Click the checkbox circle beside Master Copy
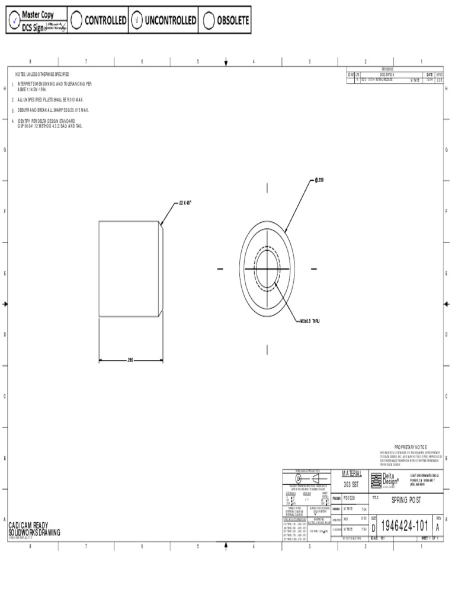pyautogui.click(x=14, y=21)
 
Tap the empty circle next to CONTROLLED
pyautogui.click(x=76, y=20)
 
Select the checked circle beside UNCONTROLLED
pyautogui.click(x=137, y=20)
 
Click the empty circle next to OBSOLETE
pyautogui.click(x=208, y=20)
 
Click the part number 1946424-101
pyautogui.click(x=404, y=526)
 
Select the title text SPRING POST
pyautogui.click(x=406, y=500)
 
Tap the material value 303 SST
pyautogui.click(x=351, y=484)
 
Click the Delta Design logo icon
pyautogui.click(x=376, y=480)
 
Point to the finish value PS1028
pyautogui.click(x=349, y=499)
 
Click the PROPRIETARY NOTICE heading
pyautogui.click(x=410, y=446)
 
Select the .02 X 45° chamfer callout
pyautogui.click(x=185, y=202)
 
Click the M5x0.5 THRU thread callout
pyautogui.click(x=313, y=321)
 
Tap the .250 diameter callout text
pyautogui.click(x=320, y=180)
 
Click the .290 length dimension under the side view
pyautogui.click(x=130, y=360)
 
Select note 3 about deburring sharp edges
pyautogui.click(x=53, y=110)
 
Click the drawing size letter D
pyautogui.click(x=373, y=528)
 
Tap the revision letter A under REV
pyautogui.click(x=438, y=527)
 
